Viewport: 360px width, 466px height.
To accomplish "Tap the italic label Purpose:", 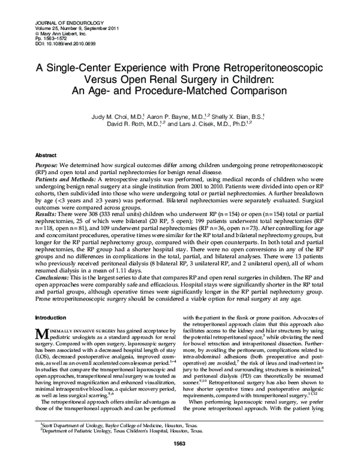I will pyautogui.click(x=48, y=165).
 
